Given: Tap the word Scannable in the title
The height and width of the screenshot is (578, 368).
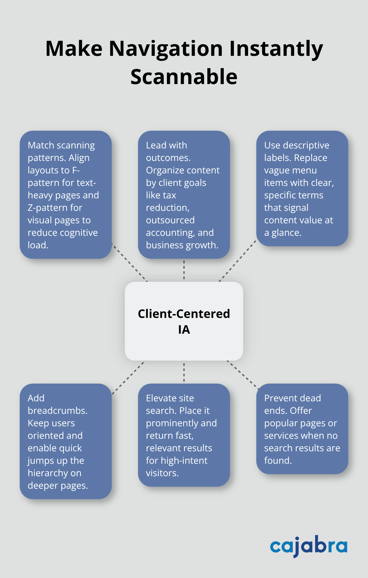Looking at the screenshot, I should (x=184, y=77).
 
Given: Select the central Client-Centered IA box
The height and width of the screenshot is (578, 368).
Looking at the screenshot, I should (x=184, y=321).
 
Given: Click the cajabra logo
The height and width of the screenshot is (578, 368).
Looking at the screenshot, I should (x=309, y=546).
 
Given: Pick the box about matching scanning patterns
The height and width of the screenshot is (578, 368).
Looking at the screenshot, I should (x=66, y=195).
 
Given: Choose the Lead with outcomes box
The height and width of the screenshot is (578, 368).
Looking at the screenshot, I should (x=184, y=195).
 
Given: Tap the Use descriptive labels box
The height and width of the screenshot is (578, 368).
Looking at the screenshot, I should (x=302, y=189).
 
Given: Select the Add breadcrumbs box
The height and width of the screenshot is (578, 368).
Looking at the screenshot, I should (x=66, y=441).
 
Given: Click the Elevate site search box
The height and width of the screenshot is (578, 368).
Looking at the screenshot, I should (x=184, y=435).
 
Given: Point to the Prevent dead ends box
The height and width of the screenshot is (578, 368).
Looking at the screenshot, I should (x=302, y=429).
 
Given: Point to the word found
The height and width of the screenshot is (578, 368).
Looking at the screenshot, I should (x=278, y=461).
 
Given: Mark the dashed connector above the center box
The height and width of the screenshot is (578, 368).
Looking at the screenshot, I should (x=184, y=270).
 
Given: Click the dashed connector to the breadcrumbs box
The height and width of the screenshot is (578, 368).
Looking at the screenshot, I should (x=129, y=377).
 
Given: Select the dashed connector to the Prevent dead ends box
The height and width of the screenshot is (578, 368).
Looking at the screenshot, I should (x=242, y=375).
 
